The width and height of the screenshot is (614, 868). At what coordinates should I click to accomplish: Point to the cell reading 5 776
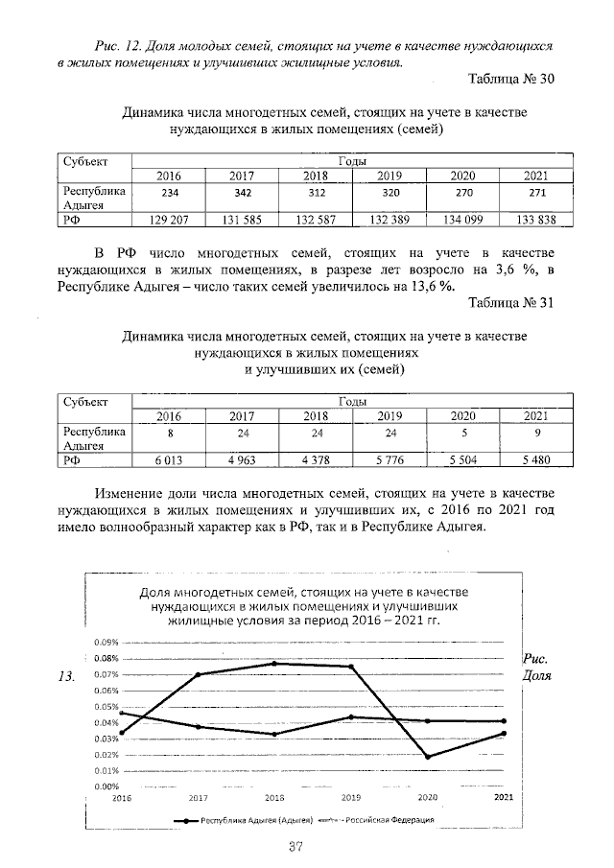pos(389,460)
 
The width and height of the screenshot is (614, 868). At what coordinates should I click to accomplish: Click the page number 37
pos(295,845)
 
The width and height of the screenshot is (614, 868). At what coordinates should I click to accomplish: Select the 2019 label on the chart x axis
pos(350,797)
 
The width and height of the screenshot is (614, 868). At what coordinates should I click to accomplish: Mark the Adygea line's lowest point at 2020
pos(427,757)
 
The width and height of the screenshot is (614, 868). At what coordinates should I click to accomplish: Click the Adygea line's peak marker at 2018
pos(274,664)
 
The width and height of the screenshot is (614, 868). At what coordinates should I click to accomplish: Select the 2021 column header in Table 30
pos(536,176)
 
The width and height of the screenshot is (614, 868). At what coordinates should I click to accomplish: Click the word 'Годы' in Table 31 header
pos(352,401)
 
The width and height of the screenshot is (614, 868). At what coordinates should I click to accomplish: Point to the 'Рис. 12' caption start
pos(113,46)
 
